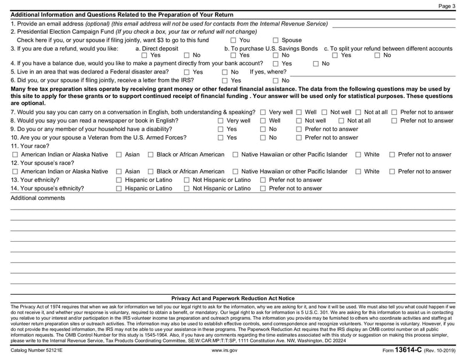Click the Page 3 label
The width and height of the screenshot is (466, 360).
pos(447,6)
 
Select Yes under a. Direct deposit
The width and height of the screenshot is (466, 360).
pos(144,55)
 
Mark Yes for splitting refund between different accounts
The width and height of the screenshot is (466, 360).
pos(336,55)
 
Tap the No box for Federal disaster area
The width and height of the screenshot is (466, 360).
pos(225,72)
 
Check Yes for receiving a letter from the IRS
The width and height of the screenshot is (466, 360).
pos(225,80)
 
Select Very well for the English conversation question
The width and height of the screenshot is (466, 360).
pos(263,112)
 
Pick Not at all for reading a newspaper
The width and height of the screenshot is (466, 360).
pos(341,121)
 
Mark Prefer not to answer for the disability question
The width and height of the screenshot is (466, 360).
pos(299,129)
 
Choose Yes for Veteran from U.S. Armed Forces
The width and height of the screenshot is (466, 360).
pos(221,138)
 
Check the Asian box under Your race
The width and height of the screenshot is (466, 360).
pos(119,155)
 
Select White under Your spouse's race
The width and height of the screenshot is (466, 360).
pos(358,172)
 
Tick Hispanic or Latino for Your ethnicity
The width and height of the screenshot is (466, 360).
pos(119,181)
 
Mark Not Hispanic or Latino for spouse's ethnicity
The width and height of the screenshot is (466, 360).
pos(187,189)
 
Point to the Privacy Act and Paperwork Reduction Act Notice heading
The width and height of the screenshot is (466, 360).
pos(233,298)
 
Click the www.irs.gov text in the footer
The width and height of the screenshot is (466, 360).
pos(224,351)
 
